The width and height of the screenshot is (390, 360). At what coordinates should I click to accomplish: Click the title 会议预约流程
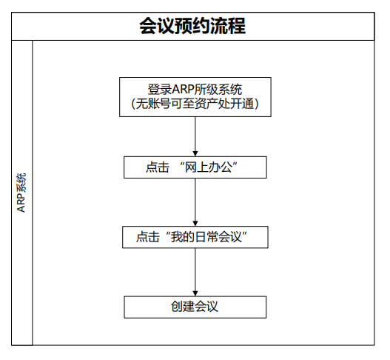[x=192, y=26]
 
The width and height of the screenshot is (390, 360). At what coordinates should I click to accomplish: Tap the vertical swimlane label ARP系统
[x=21, y=193]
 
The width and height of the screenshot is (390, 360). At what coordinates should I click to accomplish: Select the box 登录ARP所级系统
[x=195, y=97]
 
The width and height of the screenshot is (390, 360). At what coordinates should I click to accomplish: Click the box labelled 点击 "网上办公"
[x=195, y=167]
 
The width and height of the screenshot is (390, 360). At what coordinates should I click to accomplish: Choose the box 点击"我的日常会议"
[x=195, y=237]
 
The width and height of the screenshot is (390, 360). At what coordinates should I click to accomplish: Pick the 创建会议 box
[x=195, y=307]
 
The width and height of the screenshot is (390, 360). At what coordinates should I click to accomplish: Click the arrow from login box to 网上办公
[x=195, y=136]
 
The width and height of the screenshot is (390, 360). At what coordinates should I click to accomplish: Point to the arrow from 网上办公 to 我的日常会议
[x=195, y=202]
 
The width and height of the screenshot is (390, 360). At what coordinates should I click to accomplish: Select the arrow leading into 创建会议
[x=195, y=272]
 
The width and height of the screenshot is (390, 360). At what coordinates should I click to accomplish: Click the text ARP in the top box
[x=183, y=90]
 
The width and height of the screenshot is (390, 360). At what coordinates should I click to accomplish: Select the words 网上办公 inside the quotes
[x=209, y=167]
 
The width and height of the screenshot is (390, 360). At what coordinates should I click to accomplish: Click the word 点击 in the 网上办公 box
[x=158, y=167]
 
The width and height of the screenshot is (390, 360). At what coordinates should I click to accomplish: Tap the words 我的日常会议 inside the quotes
[x=206, y=237]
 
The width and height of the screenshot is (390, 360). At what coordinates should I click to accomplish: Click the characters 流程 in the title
[x=228, y=26]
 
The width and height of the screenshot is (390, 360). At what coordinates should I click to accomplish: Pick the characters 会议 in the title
[x=157, y=26]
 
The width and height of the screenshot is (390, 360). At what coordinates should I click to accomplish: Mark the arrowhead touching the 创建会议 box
[x=195, y=293]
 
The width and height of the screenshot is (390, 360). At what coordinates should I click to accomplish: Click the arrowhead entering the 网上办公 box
[x=195, y=153]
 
